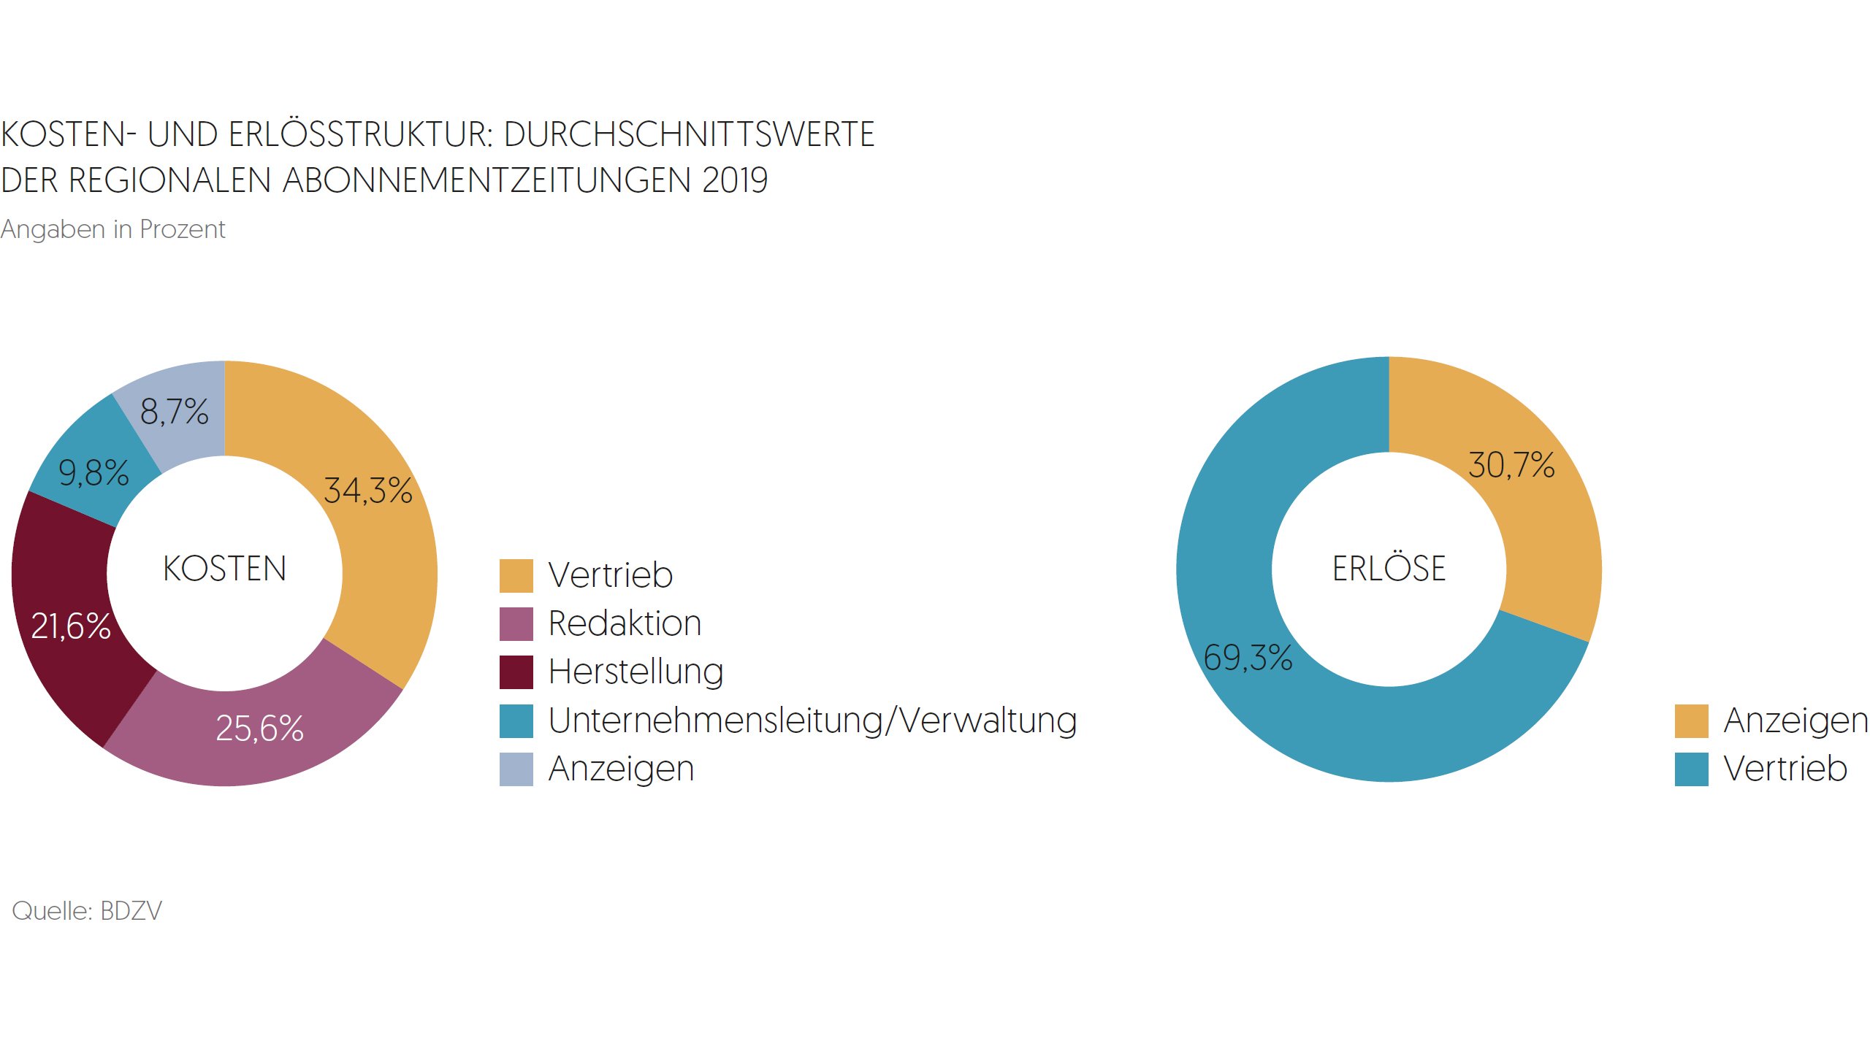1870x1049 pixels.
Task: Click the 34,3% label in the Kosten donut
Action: (x=367, y=491)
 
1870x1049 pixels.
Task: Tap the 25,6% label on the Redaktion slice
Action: (x=259, y=729)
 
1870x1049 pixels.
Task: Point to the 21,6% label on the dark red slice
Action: (x=71, y=626)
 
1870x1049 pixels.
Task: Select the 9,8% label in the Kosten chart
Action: (x=93, y=473)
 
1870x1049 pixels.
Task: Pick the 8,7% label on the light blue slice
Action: (x=174, y=412)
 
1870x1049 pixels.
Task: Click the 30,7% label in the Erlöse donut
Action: (x=1511, y=465)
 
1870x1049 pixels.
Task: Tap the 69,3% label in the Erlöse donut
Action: (x=1248, y=658)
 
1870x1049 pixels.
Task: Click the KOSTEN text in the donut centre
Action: (x=224, y=569)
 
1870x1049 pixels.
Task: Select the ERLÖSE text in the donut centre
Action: (x=1389, y=569)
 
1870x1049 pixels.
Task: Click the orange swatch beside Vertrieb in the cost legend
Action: (x=516, y=575)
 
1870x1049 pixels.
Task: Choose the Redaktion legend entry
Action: (x=625, y=623)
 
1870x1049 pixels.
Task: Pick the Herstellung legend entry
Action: (x=636, y=672)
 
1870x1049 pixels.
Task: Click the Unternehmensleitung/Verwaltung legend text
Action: (x=812, y=721)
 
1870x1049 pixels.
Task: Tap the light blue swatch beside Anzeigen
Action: (x=516, y=769)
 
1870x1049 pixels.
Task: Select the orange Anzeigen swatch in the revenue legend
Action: (x=1691, y=721)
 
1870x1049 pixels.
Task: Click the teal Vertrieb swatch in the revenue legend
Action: (x=1691, y=769)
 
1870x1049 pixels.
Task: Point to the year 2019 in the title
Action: (x=735, y=180)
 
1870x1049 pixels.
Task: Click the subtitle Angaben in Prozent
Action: (x=112, y=229)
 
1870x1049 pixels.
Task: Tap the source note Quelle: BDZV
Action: (x=87, y=911)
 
